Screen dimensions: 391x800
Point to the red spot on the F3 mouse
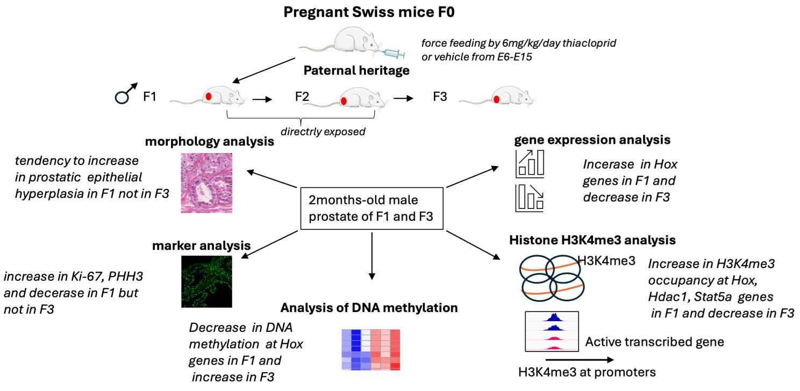[x=497, y=99]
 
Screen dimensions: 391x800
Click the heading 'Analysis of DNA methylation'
[x=369, y=308]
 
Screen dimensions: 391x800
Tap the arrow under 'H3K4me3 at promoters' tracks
[x=578, y=359]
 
